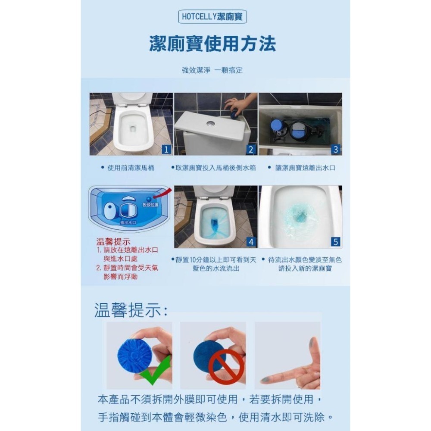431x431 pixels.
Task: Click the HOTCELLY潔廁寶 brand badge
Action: tap(212, 17)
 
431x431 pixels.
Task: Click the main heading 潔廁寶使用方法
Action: tap(212, 44)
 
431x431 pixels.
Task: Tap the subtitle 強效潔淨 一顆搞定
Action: tap(212, 70)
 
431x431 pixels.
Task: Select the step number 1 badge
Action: tap(166, 150)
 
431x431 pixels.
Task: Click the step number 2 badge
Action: tap(251, 150)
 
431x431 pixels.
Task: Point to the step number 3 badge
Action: tap(336, 150)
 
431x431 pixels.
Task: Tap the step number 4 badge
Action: tap(251, 242)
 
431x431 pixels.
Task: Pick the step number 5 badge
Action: tap(336, 242)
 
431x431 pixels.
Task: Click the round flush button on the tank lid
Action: tap(210, 123)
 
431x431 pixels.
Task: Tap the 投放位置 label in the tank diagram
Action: tap(150, 204)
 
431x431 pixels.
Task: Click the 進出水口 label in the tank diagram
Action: tap(128, 222)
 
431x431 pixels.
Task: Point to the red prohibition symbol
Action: tap(226, 366)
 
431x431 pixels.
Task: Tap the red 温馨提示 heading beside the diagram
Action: tap(113, 242)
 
